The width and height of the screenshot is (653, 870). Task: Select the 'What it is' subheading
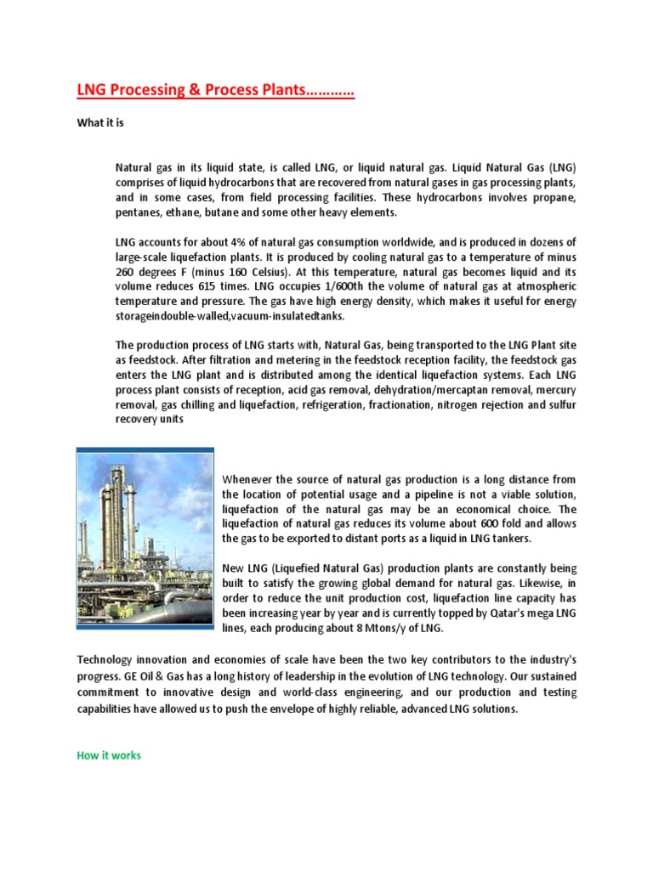tap(100, 123)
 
